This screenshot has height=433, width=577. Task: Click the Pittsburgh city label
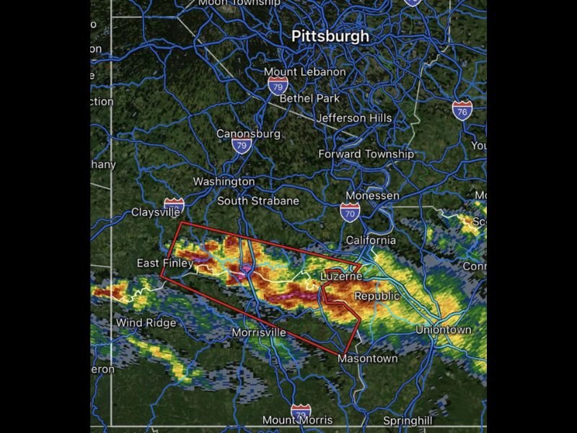(x=330, y=36)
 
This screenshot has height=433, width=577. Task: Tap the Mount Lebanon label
(x=304, y=72)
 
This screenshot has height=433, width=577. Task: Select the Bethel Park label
(x=309, y=98)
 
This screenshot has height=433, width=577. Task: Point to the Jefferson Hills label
(x=354, y=118)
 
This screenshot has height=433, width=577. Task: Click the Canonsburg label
(x=248, y=134)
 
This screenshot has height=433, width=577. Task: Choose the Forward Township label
(x=366, y=154)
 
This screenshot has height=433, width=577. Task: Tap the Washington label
(x=224, y=182)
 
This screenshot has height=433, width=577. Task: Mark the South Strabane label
(x=257, y=201)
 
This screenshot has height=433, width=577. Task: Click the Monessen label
(x=372, y=196)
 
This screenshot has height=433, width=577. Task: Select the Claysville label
(x=155, y=212)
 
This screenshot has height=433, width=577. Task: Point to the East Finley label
(x=164, y=263)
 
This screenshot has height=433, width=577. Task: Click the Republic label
(x=376, y=296)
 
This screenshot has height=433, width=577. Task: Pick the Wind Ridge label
(x=146, y=323)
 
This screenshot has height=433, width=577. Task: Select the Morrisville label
(x=258, y=333)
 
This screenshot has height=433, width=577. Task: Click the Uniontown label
(x=443, y=330)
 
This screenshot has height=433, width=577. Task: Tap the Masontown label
(x=367, y=358)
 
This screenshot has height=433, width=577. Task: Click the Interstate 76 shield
(x=462, y=110)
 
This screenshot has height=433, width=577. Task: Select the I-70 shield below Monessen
(x=350, y=212)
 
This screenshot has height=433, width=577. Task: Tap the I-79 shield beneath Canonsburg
(x=242, y=146)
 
